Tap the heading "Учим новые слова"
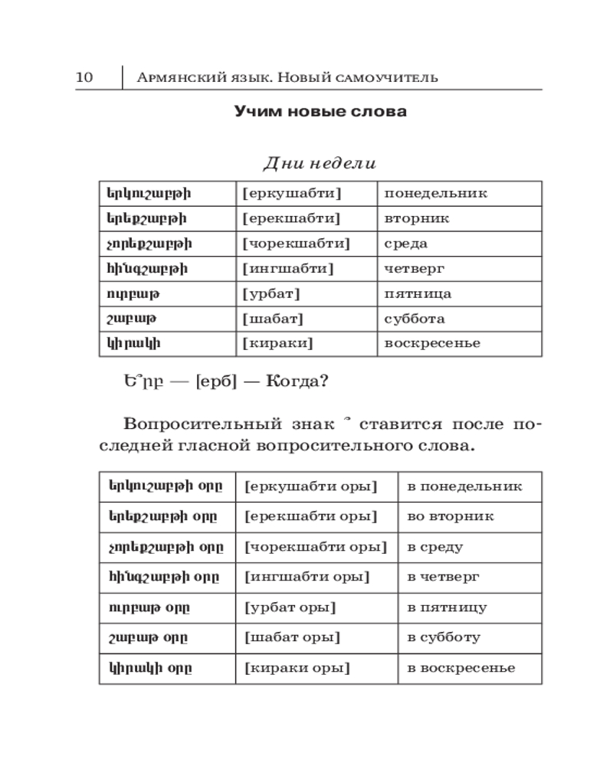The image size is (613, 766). (320, 112)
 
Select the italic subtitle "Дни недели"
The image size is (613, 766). (320, 162)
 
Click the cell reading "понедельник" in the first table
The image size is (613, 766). (435, 194)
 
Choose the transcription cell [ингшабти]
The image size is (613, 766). (287, 269)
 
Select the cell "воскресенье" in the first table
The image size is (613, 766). (432, 344)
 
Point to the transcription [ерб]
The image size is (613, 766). (222, 381)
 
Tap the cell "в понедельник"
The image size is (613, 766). (464, 486)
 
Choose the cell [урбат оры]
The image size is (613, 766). (290, 607)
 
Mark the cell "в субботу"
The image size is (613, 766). (444, 637)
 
